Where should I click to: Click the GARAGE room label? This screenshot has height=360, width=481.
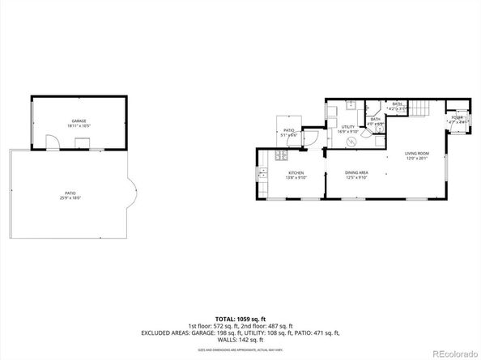78,121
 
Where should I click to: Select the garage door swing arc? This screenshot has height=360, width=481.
50,145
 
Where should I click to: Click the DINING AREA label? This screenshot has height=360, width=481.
356,172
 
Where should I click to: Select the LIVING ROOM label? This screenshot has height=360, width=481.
418,153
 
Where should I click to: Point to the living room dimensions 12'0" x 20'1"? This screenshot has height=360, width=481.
418,159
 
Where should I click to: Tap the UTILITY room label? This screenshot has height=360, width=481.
348,127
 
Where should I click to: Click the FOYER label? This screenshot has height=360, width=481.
458,118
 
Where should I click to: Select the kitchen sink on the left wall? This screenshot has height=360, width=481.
263,175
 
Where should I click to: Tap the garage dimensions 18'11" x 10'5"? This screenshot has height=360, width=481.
78,126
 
